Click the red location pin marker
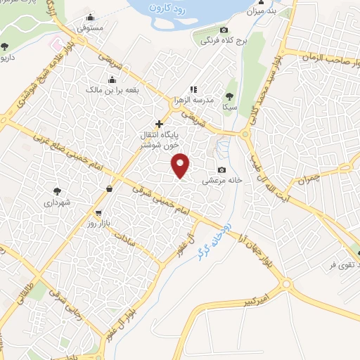(181, 165)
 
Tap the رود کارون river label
(177, 9)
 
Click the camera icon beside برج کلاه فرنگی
(224, 30)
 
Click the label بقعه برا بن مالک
(105, 90)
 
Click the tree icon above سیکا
(229, 96)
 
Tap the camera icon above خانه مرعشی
(222, 169)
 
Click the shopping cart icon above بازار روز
(98, 213)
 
